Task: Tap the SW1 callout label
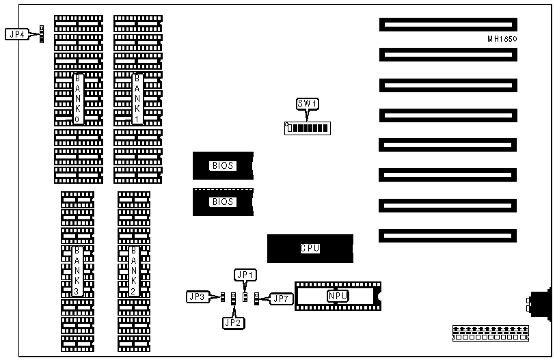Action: pyautogui.click(x=308, y=104)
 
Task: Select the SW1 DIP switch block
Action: pyautogui.click(x=306, y=128)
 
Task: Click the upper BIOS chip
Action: pyautogui.click(x=223, y=165)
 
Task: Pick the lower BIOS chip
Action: pyautogui.click(x=223, y=202)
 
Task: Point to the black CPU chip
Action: pyautogui.click(x=310, y=249)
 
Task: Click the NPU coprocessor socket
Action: pyautogui.click(x=338, y=296)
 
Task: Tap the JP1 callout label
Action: pyautogui.click(x=245, y=275)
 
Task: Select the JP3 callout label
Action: pyautogui.click(x=197, y=297)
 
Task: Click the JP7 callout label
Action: pyautogui.click(x=280, y=298)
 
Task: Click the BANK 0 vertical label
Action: pyautogui.click(x=79, y=98)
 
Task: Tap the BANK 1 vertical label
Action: pyautogui.click(x=137, y=98)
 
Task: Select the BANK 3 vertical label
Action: pyautogui.click(x=77, y=271)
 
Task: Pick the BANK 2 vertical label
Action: pyautogui.click(x=134, y=271)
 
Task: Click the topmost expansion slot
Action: pyautogui.click(x=447, y=25)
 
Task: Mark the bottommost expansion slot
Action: pyautogui.click(x=447, y=236)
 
